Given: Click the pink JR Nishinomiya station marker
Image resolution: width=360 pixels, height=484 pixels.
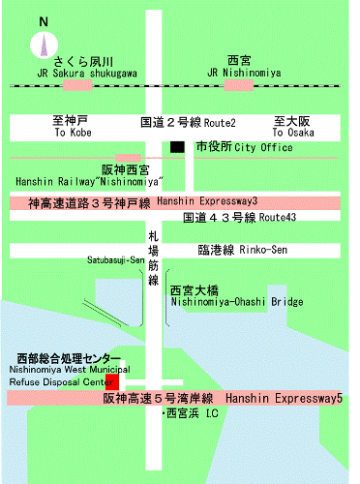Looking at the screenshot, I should point(243,85).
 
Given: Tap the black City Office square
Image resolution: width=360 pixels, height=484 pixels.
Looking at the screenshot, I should point(176,147).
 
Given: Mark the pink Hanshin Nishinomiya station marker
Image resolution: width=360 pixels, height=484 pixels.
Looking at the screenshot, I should point(128,157).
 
